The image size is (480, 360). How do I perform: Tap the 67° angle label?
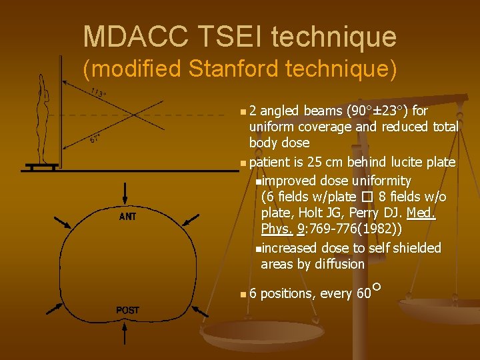tap(95, 139)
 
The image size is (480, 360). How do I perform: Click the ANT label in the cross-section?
tap(128, 217)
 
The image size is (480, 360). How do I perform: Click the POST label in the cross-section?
tap(128, 310)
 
